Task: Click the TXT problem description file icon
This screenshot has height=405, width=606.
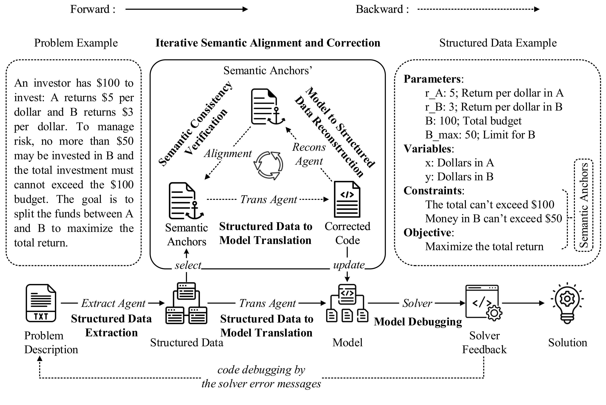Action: [41, 303]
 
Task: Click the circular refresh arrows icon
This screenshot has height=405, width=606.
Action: [268, 165]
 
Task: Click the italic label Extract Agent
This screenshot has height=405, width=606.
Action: [113, 303]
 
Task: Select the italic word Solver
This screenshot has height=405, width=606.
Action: [417, 303]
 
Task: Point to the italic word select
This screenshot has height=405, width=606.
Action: [188, 265]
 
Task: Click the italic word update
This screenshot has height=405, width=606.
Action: [349, 265]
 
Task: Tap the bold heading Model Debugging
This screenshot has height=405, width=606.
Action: [418, 322]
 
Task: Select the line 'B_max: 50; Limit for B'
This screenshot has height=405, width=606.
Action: [480, 135]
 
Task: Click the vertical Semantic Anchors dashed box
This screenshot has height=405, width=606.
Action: [583, 205]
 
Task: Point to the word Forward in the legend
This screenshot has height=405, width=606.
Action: [90, 9]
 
